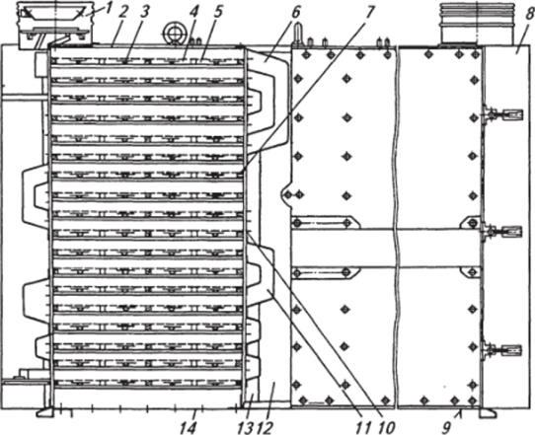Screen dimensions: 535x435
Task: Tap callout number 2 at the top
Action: [122, 14]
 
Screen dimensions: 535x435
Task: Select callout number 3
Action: [145, 13]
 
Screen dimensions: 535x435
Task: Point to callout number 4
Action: [194, 12]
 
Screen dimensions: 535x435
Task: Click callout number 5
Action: [217, 12]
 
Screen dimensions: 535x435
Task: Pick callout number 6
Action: [295, 12]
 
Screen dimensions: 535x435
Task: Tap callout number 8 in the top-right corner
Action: [528, 14]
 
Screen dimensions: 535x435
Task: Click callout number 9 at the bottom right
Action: [446, 426]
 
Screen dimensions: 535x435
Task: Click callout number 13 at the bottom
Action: [244, 426]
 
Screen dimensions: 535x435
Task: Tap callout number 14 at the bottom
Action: [188, 426]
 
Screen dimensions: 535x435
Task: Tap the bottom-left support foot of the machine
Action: [45, 411]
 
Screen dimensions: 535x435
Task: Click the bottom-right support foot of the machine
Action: [488, 412]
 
